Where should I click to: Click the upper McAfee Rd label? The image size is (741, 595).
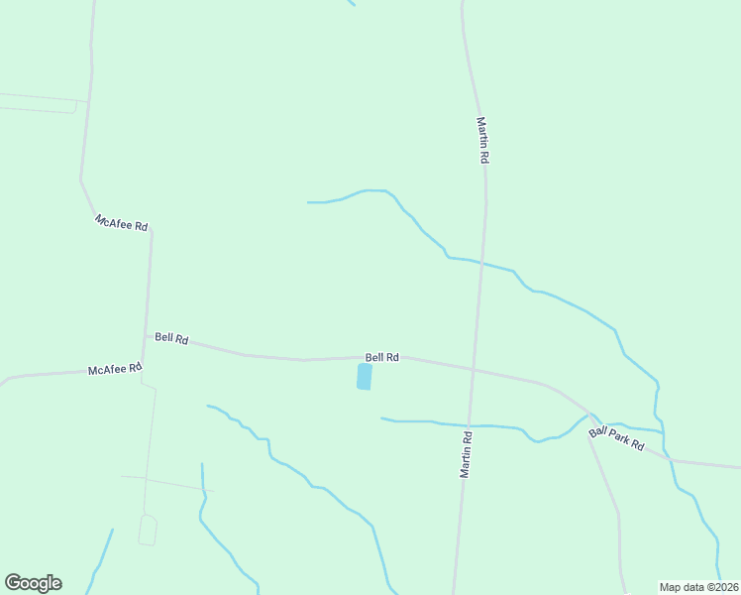point(121,223)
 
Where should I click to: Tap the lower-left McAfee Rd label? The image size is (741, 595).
point(116,370)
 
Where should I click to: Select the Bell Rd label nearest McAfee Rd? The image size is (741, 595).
point(171,338)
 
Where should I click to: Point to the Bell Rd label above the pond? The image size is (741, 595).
point(382,357)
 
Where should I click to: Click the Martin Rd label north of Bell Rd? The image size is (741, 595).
point(482,141)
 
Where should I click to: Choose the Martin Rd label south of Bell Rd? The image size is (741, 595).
point(465,454)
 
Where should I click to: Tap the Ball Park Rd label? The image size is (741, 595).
point(616,438)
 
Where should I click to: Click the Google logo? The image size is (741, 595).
point(33,583)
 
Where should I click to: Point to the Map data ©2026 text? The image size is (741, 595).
point(699,587)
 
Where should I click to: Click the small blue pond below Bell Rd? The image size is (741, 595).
point(364,377)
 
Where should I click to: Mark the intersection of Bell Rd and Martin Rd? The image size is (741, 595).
point(474,370)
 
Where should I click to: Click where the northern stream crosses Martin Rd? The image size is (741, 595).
point(481,263)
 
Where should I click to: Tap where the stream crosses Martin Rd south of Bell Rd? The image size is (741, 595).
point(468,425)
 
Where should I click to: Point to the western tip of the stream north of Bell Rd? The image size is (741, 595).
point(308,202)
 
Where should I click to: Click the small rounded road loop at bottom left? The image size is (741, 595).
point(148,530)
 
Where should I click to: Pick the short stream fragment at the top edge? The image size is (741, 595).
point(351,3)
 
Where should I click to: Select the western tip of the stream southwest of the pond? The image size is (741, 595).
point(207,406)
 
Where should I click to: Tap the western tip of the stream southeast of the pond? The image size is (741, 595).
point(381,417)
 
